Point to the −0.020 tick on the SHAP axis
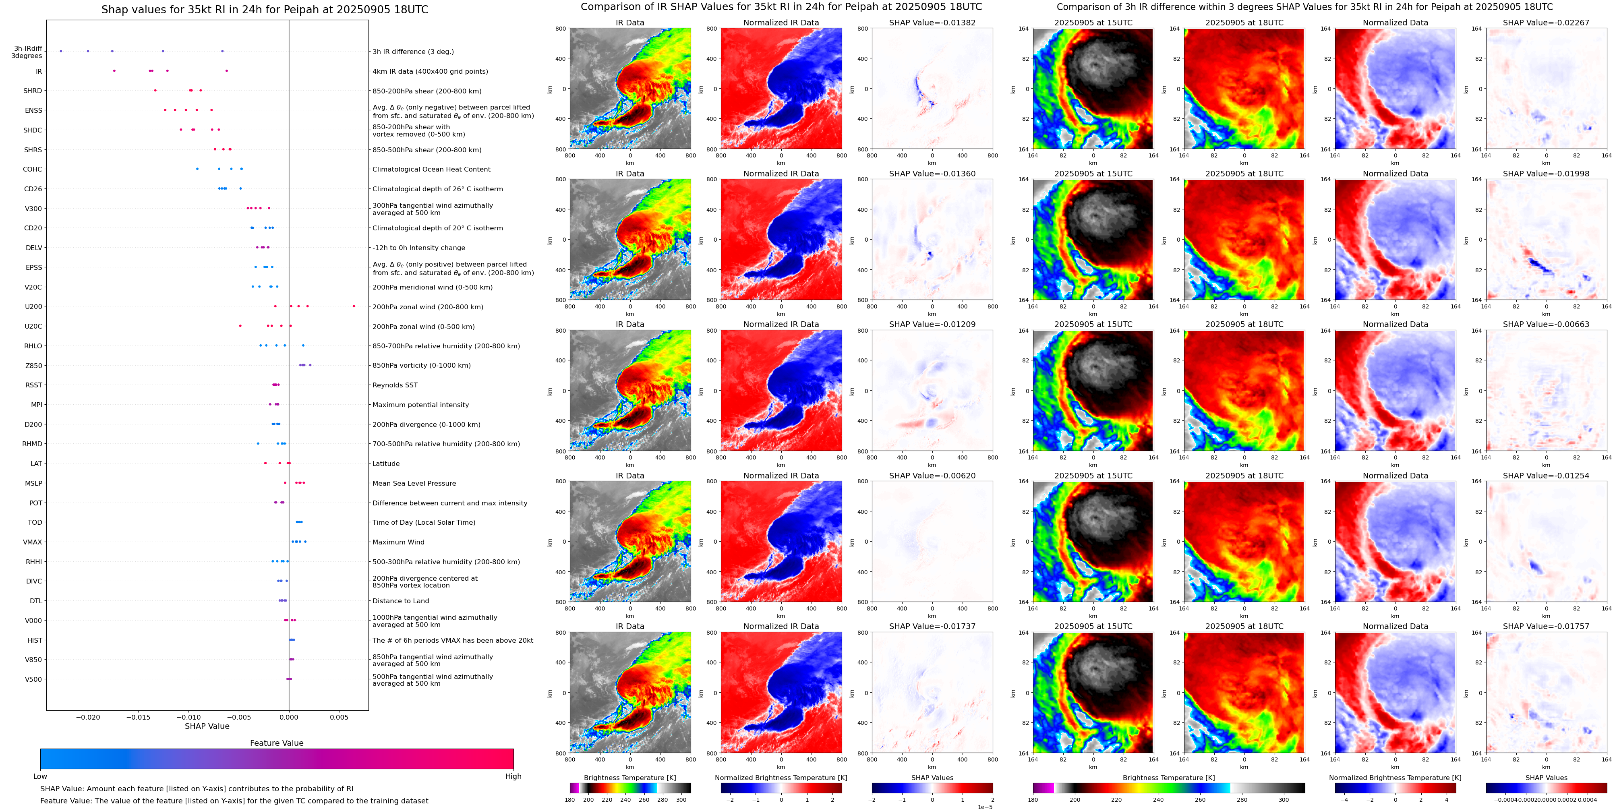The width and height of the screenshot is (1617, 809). pos(88,717)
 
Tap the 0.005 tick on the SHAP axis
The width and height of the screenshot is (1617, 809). pos(339,717)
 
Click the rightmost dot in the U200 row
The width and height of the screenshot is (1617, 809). pos(354,306)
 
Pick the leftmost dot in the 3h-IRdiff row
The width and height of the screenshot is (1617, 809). pos(61,51)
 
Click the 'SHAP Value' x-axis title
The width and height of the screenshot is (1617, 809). pos(207,726)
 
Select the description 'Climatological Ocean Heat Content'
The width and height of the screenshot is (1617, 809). pos(431,170)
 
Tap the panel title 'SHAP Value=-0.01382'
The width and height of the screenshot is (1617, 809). pos(932,23)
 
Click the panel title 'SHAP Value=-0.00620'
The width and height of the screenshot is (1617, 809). pos(932,476)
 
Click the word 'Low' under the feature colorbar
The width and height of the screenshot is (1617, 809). pos(40,776)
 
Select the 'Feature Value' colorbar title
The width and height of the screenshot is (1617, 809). pos(277,743)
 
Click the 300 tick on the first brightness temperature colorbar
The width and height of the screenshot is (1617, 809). pos(681,800)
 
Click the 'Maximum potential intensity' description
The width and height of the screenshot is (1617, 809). pos(420,405)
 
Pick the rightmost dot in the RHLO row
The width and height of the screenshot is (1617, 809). pos(303,345)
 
